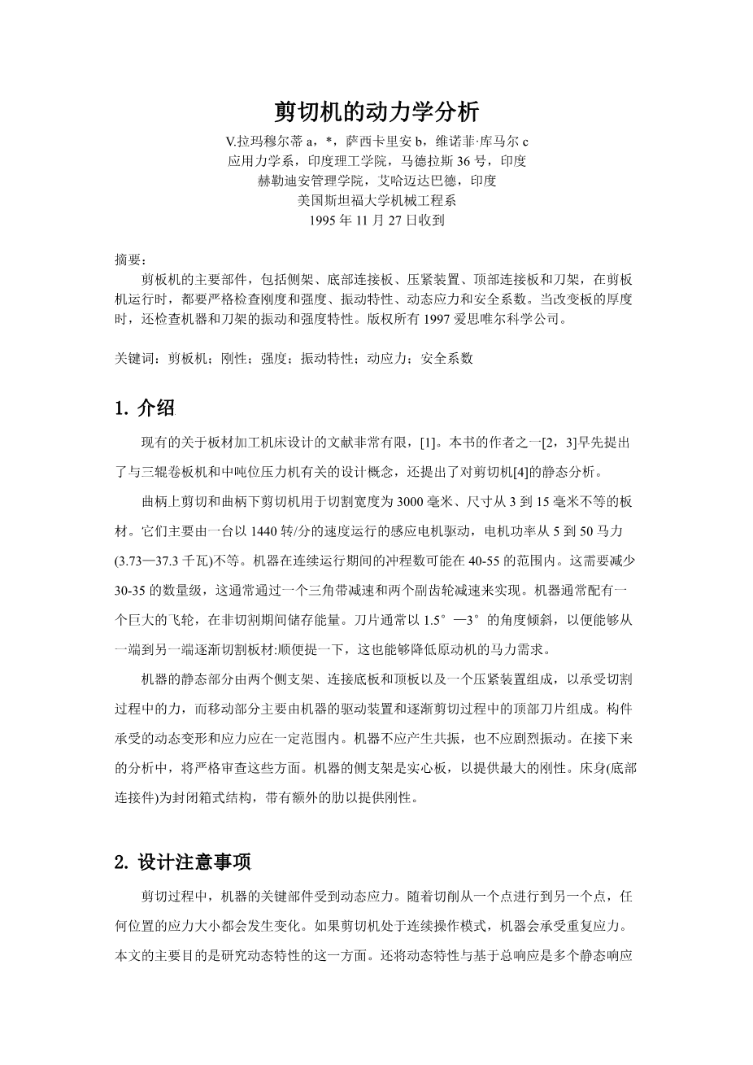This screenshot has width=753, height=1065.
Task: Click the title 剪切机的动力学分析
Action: tap(376, 111)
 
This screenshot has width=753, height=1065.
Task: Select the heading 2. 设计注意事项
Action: tap(184, 862)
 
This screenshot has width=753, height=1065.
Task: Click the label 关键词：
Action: tap(141, 357)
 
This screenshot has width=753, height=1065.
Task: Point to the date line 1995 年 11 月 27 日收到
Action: tap(376, 220)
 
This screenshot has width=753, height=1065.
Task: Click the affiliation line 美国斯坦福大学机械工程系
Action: tap(376, 200)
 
